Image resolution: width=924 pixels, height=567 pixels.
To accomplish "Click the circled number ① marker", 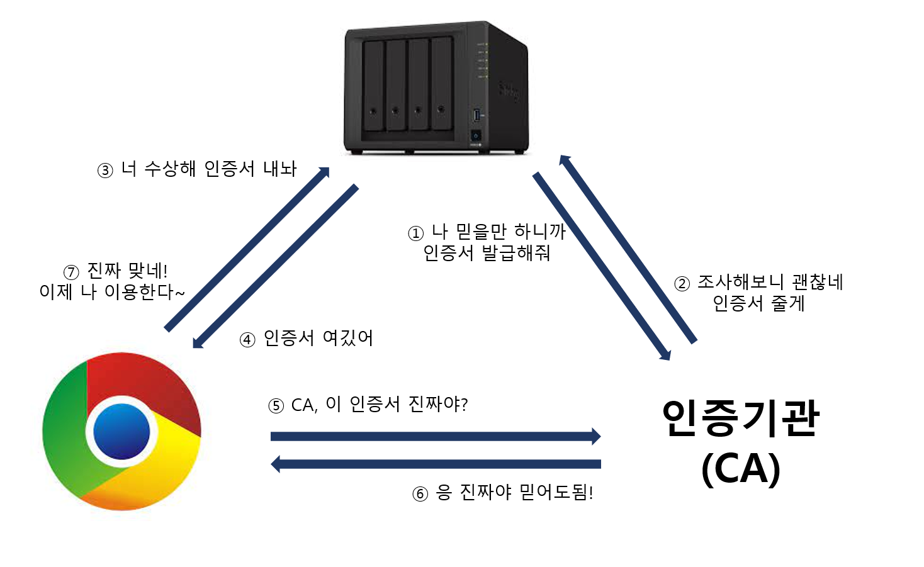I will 415,234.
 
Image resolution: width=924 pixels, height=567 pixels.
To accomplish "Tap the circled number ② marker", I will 682,284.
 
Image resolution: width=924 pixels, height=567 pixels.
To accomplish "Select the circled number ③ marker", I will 105,171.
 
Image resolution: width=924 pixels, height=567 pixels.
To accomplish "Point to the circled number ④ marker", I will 247,340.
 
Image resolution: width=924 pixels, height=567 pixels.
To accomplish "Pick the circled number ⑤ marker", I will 276,406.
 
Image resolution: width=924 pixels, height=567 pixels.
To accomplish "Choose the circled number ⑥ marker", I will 420,494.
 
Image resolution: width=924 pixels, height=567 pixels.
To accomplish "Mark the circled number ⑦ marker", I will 71,272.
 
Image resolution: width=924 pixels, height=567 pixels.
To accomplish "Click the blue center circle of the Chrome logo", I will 121,432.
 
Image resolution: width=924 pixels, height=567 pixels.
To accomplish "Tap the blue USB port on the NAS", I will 476,115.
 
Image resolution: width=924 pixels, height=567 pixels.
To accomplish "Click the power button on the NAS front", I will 476,135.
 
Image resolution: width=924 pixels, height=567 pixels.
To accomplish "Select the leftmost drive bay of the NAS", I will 374,86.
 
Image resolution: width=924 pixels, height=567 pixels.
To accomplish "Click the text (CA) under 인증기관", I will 740,469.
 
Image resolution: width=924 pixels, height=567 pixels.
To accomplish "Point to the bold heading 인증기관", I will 740,418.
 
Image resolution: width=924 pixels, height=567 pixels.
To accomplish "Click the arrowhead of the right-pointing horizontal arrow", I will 595,436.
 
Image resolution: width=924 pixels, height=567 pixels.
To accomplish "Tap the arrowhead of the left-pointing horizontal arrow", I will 276,464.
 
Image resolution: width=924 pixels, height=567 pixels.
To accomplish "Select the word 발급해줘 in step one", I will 516,253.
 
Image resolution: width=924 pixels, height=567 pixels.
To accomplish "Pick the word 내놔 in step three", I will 279,169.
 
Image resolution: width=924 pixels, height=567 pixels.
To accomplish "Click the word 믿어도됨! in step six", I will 556,492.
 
